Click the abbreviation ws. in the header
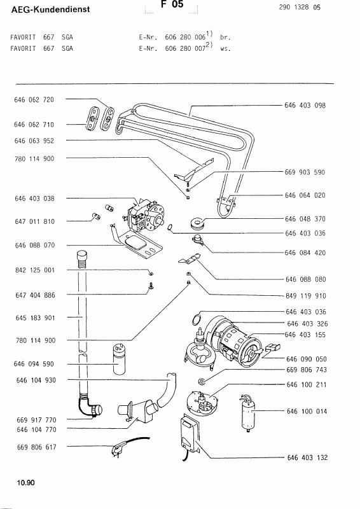(225, 48)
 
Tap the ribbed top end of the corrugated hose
(81, 257)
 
